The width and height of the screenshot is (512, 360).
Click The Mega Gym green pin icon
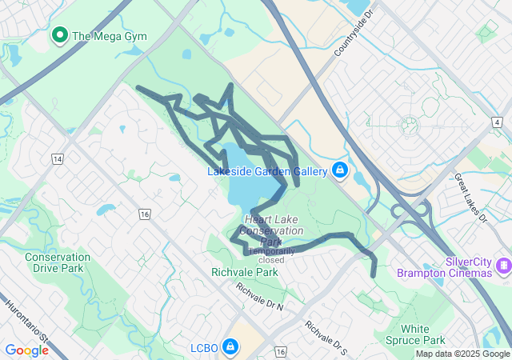click(59, 35)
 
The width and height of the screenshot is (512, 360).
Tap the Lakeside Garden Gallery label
click(267, 171)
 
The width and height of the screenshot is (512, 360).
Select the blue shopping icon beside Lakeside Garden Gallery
click(340, 170)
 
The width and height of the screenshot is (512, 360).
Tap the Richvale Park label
click(244, 272)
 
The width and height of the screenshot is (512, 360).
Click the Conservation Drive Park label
click(54, 262)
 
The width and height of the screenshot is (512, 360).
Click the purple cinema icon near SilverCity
click(503, 265)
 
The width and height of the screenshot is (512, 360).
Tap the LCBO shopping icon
click(230, 346)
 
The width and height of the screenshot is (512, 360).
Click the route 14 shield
click(57, 159)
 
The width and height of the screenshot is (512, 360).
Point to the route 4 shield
click(498, 122)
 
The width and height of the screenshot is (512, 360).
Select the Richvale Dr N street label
click(259, 296)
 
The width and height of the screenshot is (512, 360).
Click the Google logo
click(26, 350)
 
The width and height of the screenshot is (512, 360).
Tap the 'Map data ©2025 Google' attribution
click(462, 354)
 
